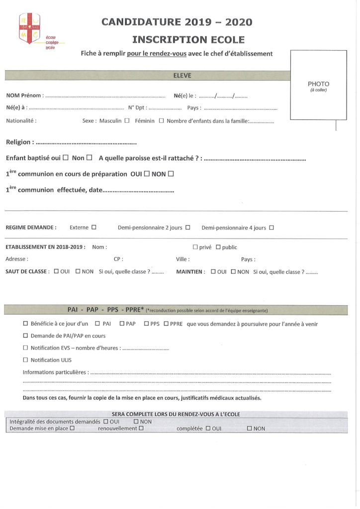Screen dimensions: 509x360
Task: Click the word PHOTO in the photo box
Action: click(318, 84)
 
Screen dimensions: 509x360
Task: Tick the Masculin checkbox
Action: click(127, 120)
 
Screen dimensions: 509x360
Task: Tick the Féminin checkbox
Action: click(161, 120)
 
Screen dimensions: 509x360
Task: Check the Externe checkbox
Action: click(93, 228)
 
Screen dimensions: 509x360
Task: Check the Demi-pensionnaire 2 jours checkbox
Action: click(188, 228)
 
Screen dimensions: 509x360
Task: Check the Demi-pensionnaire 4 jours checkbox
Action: click(271, 228)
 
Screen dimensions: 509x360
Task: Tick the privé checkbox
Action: click(195, 247)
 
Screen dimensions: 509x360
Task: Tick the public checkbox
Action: click(218, 247)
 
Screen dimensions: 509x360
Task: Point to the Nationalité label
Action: click(21, 120)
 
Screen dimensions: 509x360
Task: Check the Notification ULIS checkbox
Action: click(26, 360)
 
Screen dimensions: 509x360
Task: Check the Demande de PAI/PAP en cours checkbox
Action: click(26, 336)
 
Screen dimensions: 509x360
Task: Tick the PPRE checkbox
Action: click(166, 324)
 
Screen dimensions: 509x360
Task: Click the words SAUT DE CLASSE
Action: click(27, 272)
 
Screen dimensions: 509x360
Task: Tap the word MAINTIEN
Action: click(190, 272)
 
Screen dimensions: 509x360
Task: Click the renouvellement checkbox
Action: click(142, 427)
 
